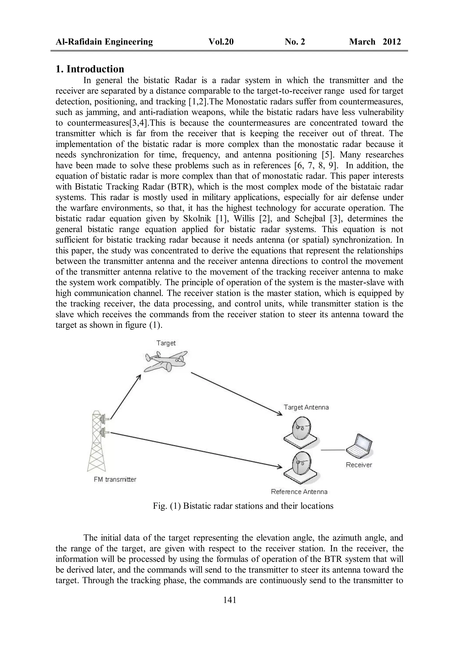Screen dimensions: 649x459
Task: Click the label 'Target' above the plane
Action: coord(166,343)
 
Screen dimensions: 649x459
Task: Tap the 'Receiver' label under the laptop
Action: coord(359,465)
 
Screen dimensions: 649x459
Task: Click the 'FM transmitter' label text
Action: coord(115,479)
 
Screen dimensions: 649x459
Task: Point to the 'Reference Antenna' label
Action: coord(299,492)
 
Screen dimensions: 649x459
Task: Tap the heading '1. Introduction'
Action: coord(90,69)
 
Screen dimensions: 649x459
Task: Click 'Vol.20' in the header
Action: coord(221,42)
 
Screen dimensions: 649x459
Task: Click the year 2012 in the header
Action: coord(392,42)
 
